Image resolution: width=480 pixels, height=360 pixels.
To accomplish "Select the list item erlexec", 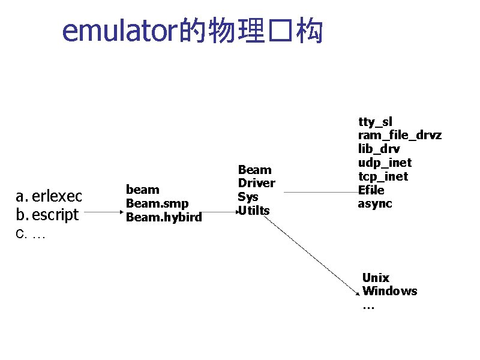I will pos(56,196).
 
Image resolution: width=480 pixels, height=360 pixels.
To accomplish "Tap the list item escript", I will pos(55,214).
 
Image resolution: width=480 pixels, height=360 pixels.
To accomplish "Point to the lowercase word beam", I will pos(142,190).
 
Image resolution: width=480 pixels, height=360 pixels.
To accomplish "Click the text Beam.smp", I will pos(157,203).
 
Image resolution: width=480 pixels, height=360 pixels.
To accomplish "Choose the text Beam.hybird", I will pos(163,217).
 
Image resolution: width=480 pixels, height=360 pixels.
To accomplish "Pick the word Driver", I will pos(256,183).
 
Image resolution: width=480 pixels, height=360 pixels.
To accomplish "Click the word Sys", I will pos(248,197).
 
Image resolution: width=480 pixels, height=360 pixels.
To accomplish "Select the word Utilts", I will pos(254,211).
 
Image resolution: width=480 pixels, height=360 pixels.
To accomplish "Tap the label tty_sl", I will pos(375,122).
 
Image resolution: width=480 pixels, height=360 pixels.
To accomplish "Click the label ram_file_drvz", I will pos(400,135).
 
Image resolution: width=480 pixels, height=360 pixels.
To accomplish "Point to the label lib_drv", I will pos(379,149).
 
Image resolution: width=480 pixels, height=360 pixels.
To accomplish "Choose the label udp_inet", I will pos(385,163).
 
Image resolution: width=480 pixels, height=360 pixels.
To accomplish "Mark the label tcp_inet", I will pos(383,176).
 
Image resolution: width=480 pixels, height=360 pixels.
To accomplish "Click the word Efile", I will pos(371,190).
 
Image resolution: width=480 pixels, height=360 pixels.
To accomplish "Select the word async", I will pos(375,203).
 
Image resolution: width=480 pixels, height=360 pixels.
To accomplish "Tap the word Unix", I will pos(376,278).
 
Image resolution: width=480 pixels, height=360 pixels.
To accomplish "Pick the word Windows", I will pos(389,291).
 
